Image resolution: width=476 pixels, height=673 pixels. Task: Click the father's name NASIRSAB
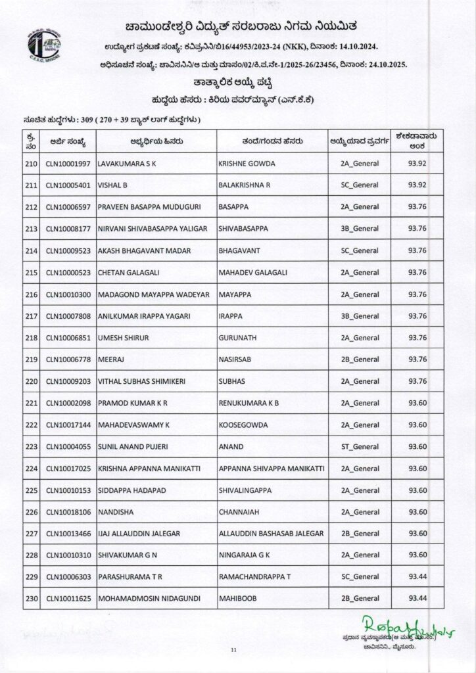coord(235,360)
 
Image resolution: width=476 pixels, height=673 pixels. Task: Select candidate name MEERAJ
coord(110,360)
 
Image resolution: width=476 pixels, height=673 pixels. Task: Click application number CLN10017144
coord(69,425)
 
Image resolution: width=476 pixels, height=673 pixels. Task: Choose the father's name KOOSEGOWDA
coord(243,425)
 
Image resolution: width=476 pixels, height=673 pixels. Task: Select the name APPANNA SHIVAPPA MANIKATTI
coord(271,469)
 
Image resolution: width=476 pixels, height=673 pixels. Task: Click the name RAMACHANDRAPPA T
coord(253,577)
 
